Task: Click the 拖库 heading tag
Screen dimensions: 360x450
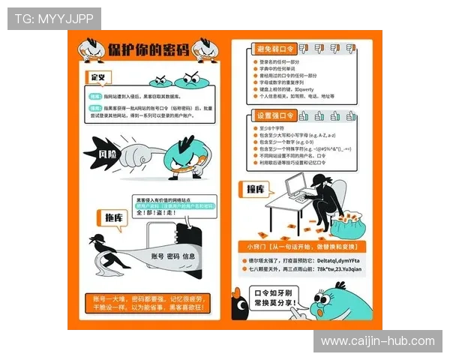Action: point(113,217)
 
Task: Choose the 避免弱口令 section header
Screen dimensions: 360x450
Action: point(277,48)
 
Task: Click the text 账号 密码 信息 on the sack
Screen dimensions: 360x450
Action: point(173,256)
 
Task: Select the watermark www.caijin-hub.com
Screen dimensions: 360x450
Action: point(377,341)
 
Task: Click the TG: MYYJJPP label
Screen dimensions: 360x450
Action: point(53,18)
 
